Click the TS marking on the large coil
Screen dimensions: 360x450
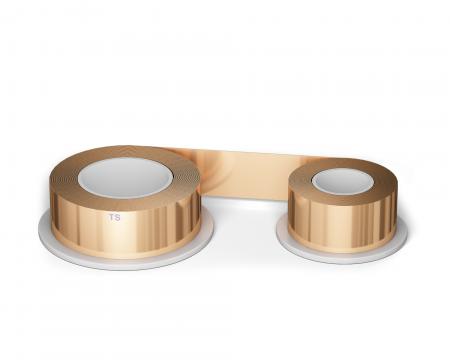pyautogui.click(x=115, y=216)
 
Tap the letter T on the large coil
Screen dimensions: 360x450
pyautogui.click(x=112, y=216)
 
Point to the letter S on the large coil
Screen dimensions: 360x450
pyautogui.click(x=118, y=216)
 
